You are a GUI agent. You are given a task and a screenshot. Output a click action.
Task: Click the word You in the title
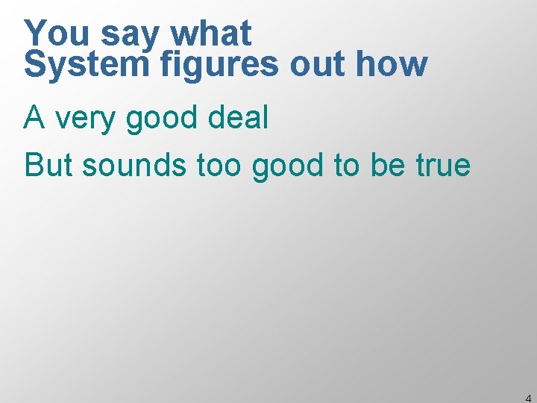pyautogui.click(x=57, y=34)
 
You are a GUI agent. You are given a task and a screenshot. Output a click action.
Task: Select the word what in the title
pyautogui.click(x=212, y=34)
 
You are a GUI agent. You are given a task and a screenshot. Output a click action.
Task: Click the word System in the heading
pyautogui.click(x=87, y=66)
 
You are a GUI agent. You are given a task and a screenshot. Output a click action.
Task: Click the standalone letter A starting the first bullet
pyautogui.click(x=34, y=118)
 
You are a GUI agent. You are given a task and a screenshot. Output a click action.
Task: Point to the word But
pyautogui.click(x=48, y=164)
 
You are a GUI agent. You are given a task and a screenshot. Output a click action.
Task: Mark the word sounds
pyautogui.click(x=135, y=164)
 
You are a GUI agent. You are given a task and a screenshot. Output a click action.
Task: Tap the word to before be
pyautogui.click(x=346, y=164)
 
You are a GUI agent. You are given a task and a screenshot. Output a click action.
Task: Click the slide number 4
pyautogui.click(x=528, y=398)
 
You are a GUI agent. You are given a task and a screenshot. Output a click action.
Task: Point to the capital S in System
pyautogui.click(x=34, y=66)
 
